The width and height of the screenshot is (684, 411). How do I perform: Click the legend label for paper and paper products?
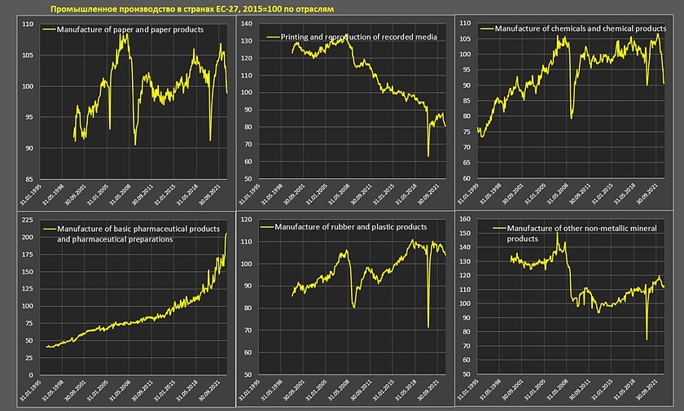pos(129,28)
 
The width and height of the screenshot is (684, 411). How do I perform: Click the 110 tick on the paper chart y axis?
pos(27,25)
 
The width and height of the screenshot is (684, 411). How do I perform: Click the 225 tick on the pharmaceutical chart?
pos(27,221)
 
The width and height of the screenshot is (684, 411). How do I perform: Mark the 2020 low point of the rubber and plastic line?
pos(428,327)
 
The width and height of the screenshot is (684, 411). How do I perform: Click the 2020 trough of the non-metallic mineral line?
pos(647,339)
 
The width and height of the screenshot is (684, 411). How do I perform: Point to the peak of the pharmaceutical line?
pos(226,234)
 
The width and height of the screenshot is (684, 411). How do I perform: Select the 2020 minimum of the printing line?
pos(427,156)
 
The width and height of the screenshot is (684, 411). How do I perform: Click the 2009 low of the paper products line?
pos(135,144)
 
